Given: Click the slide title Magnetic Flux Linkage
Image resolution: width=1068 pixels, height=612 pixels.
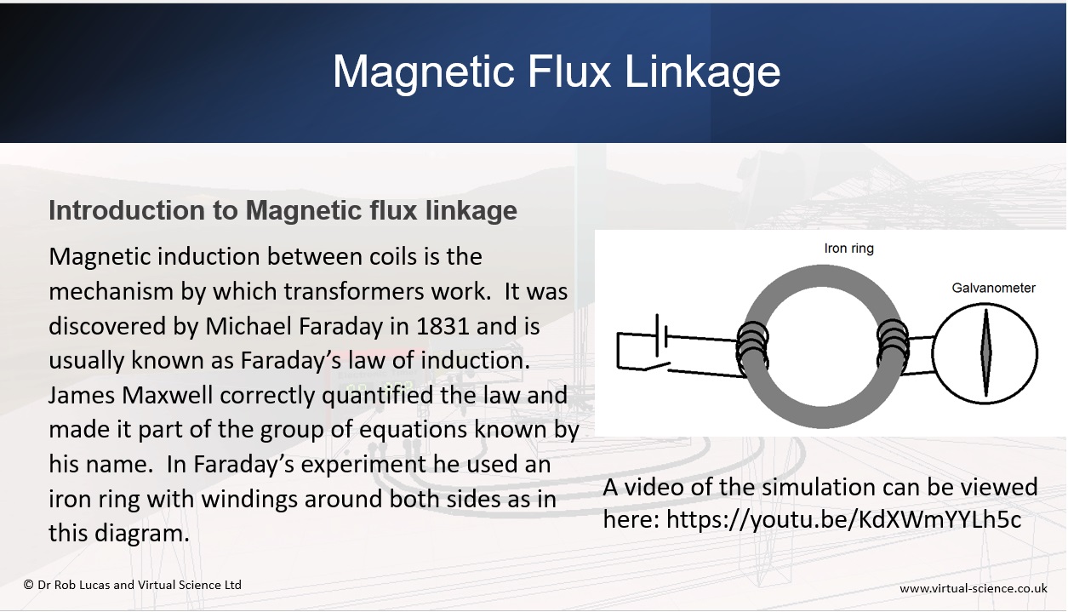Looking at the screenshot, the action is (556, 72).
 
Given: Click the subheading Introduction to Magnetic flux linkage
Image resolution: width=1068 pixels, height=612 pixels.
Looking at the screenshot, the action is (283, 210).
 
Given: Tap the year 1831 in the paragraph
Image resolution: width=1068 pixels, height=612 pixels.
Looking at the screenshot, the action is (443, 326).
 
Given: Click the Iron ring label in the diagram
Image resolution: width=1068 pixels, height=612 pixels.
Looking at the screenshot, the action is (848, 249).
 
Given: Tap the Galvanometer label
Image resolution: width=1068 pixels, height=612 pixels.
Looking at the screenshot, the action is (994, 288).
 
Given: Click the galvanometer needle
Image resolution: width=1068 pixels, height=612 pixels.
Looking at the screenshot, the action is (986, 353).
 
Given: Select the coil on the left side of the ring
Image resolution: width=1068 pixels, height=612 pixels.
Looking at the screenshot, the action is (752, 349).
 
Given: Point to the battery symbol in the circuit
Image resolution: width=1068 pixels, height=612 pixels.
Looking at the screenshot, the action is (662, 336).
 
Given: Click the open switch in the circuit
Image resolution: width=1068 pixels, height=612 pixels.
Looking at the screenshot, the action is (657, 366).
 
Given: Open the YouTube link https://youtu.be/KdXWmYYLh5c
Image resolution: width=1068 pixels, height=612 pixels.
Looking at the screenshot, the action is (843, 519).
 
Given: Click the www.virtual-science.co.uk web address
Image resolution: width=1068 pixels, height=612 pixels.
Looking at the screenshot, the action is (974, 589).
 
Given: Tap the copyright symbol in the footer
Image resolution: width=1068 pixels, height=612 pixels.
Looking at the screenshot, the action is (28, 585).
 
